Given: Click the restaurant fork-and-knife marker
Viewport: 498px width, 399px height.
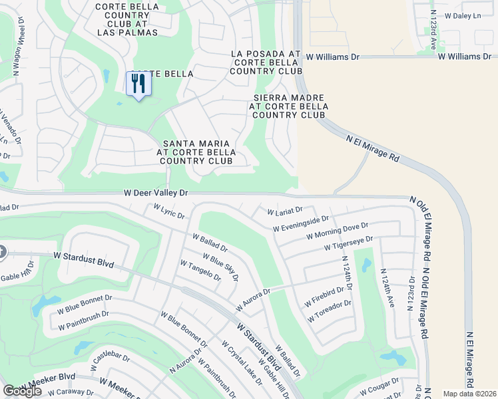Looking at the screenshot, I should click(138, 84).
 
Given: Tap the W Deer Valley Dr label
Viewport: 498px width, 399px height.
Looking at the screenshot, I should click(156, 193).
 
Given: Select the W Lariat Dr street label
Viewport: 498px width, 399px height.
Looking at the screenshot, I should click(285, 211).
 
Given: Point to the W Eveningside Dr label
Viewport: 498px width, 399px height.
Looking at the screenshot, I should click(301, 223).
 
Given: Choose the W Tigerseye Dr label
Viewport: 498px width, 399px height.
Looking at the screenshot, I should click(349, 243).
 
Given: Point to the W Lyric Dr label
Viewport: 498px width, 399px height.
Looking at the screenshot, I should click(168, 211).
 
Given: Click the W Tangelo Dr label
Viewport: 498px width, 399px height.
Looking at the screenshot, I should click(200, 270).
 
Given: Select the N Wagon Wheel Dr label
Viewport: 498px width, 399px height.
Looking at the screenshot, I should click(20, 53).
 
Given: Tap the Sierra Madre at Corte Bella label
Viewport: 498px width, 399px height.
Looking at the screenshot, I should click(289, 106).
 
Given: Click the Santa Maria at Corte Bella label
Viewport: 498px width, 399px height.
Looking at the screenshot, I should click(196, 152).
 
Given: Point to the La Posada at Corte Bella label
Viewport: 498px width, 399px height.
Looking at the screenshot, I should click(266, 62).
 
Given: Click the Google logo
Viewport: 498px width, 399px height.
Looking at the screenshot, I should click(22, 391).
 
